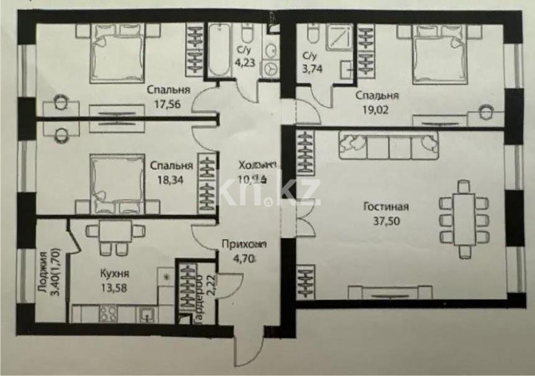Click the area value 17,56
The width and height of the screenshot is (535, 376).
pos(164,104)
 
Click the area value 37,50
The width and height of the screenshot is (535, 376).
pos(382,222)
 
